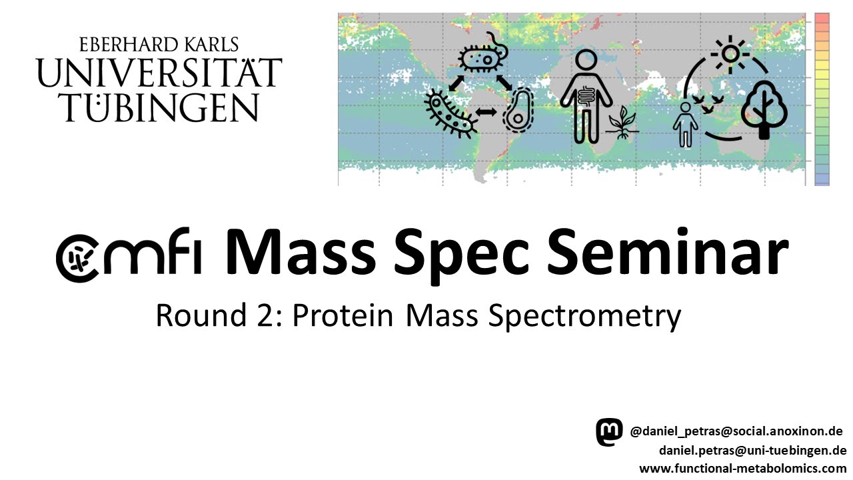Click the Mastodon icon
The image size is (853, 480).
609,432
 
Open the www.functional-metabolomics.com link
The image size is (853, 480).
742,468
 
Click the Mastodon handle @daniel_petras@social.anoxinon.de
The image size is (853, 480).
736,431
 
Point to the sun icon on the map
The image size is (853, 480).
730,53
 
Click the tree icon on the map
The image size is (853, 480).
764,110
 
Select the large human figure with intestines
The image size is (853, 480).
586,97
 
